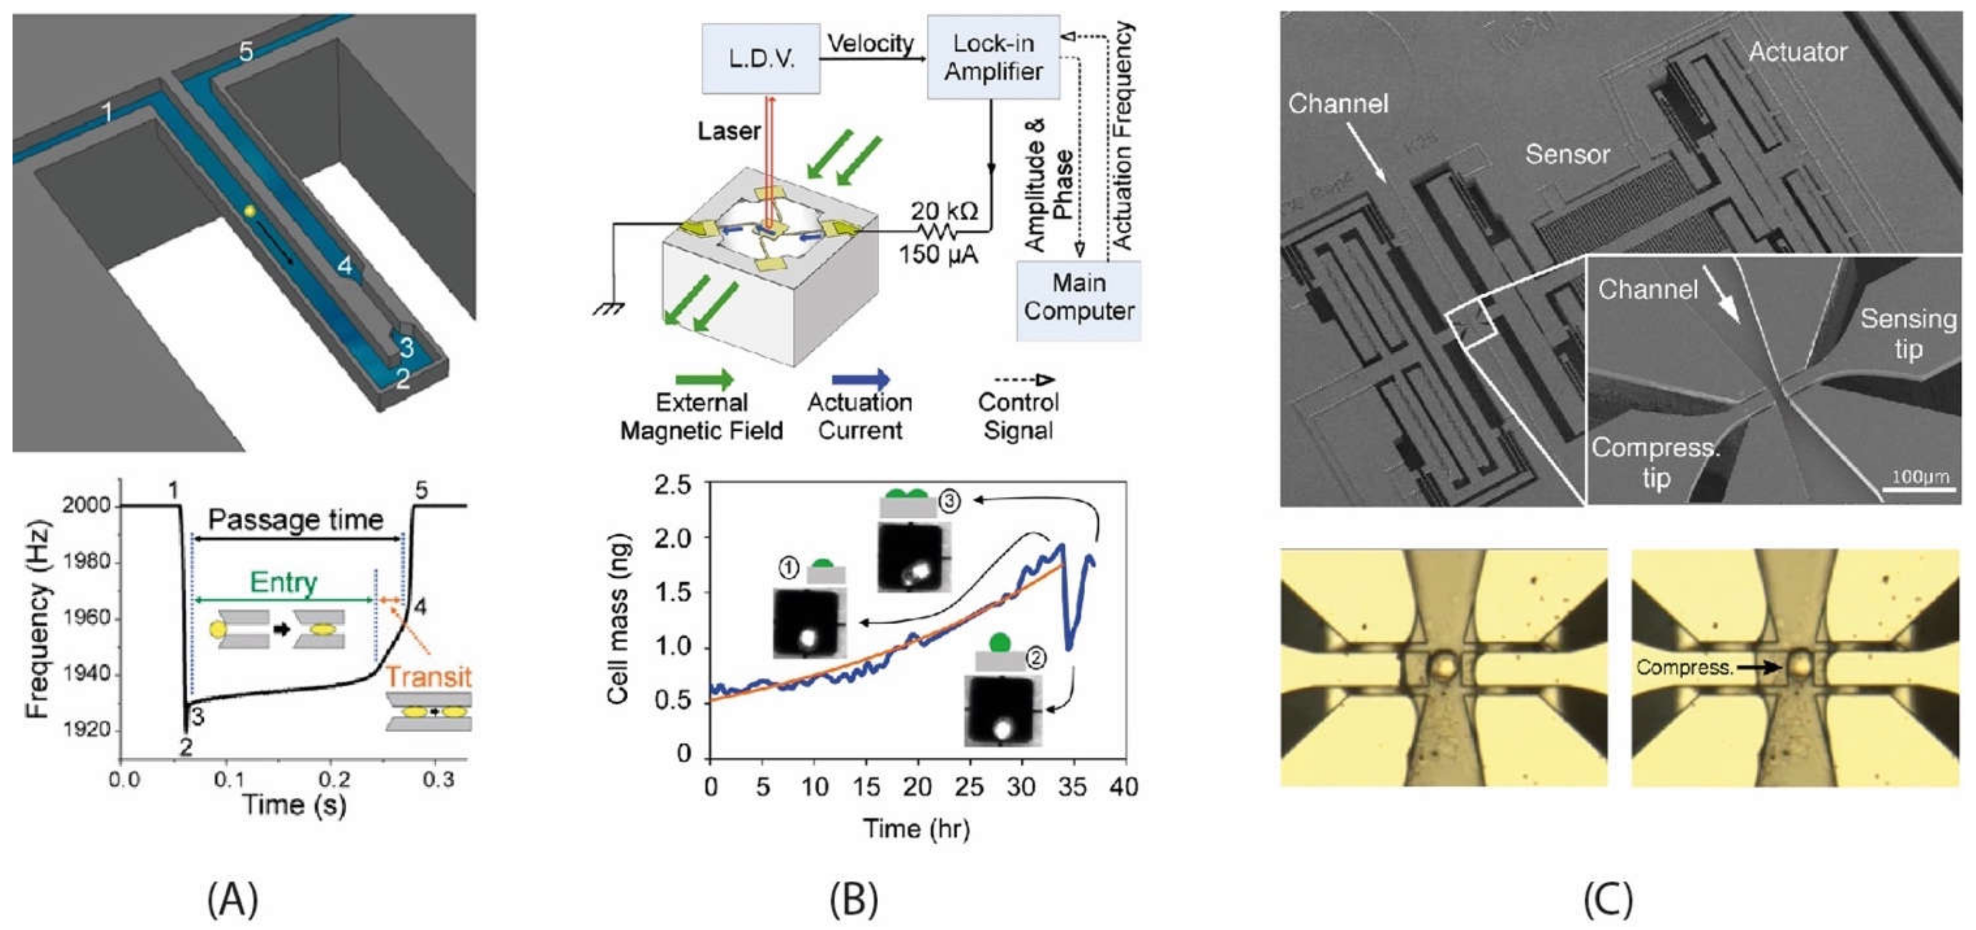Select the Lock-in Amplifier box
click(x=993, y=57)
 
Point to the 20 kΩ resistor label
click(x=944, y=211)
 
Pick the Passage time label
click(x=295, y=520)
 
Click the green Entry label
click(x=283, y=582)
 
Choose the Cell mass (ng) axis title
click(x=618, y=619)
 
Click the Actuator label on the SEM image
click(x=1797, y=52)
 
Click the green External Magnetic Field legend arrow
click(x=703, y=379)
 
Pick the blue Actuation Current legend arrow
click(x=860, y=379)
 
